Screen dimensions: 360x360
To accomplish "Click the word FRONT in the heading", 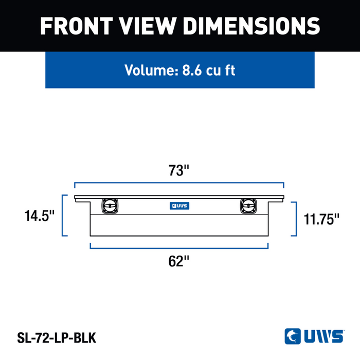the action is (77, 26).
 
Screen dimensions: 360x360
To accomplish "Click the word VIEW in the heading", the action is (148, 26).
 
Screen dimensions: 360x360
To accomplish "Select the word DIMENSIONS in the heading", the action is (251, 26).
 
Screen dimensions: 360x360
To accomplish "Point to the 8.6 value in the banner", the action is (192, 70).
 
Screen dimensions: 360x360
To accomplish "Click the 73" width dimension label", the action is (179, 170).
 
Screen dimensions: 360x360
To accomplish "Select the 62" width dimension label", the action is (178, 261).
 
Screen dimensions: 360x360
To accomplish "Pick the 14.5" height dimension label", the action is (39, 216).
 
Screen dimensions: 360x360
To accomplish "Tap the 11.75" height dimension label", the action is (321, 219).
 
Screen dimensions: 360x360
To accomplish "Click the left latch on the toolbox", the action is (110, 206).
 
